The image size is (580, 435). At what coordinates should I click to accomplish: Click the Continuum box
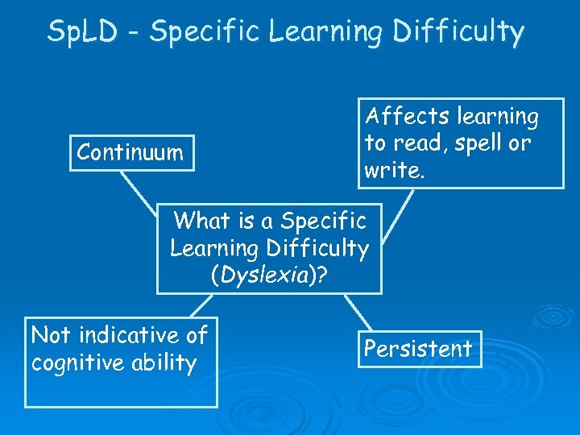tap(132, 152)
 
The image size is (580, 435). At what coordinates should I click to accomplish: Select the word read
tap(412, 144)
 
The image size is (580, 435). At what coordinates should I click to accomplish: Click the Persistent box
tap(418, 349)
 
